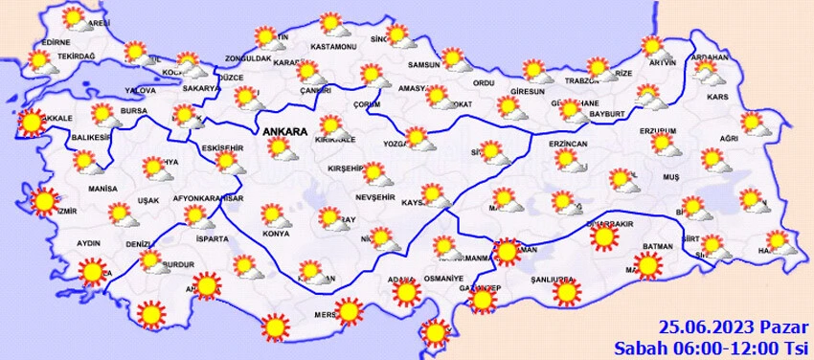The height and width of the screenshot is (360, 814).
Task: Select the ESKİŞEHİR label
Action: pos(223,147)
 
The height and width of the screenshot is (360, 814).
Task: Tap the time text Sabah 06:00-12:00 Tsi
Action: pos(710,346)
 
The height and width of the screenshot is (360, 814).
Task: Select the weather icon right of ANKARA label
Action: pos(332,125)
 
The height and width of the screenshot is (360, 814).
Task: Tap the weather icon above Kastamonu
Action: pos(331,23)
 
